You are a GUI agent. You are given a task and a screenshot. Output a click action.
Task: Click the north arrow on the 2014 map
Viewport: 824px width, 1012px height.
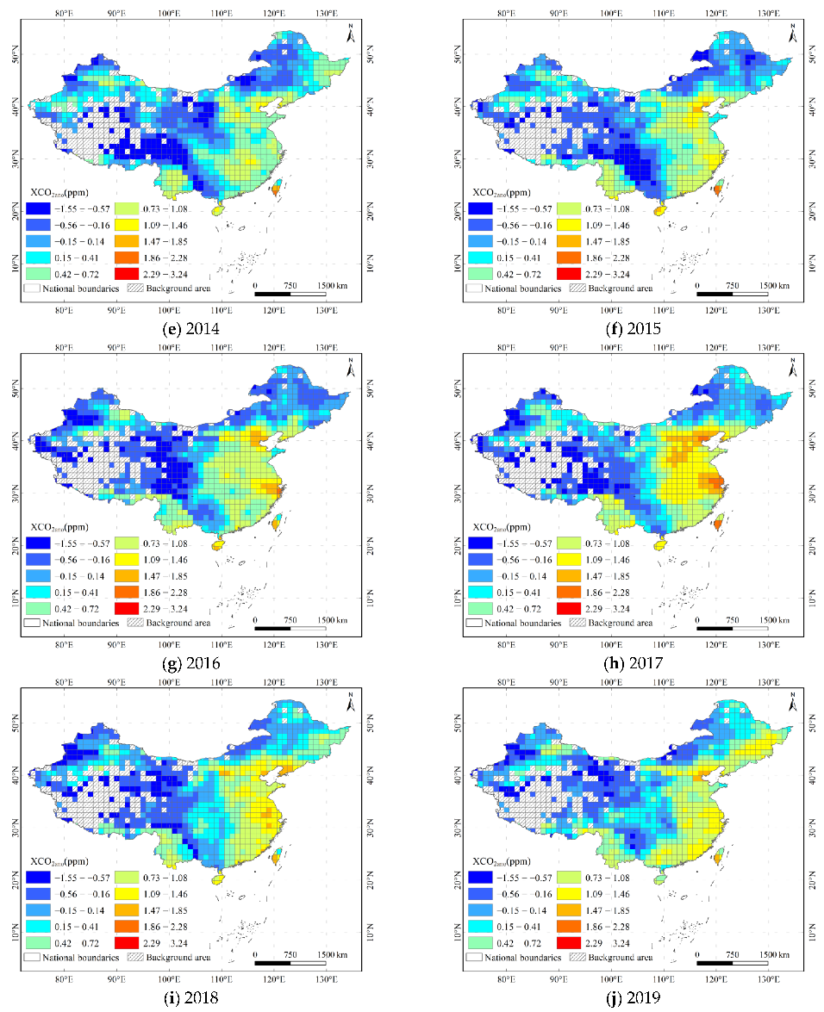point(350,33)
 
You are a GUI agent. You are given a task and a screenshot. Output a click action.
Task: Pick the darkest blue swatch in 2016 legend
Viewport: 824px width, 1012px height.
point(38,543)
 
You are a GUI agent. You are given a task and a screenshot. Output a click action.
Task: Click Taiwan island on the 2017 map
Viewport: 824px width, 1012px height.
point(717,522)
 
